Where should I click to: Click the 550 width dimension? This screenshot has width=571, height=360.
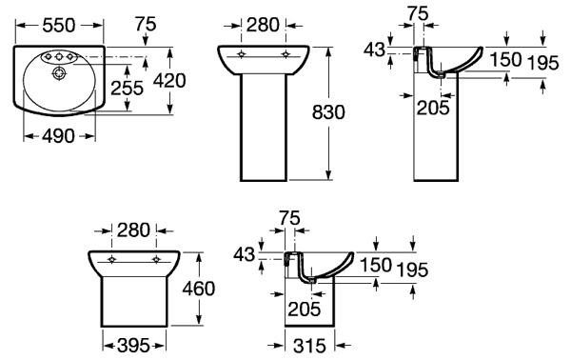(59, 26)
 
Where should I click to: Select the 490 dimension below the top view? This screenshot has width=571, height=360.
(58, 136)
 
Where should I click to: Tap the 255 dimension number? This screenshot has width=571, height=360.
(128, 89)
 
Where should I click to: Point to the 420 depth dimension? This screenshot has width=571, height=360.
(169, 81)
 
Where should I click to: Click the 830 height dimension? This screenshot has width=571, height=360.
(328, 112)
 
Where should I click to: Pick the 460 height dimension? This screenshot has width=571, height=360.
(199, 289)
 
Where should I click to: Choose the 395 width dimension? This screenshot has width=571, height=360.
(133, 346)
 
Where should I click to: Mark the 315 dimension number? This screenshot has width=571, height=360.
(309, 346)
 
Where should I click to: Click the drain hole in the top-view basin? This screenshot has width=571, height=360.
(59, 73)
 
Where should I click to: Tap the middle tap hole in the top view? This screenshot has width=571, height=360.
(58, 56)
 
